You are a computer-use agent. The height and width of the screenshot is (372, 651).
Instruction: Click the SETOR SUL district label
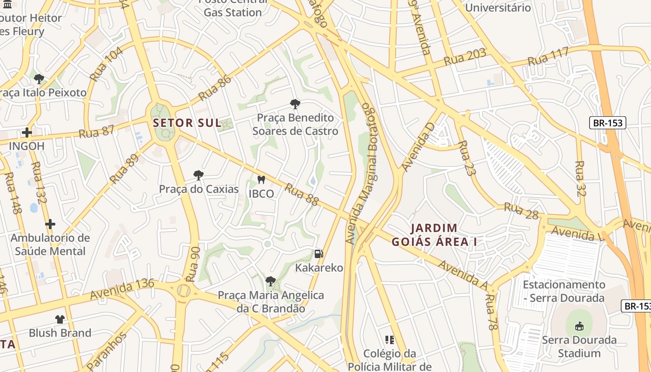187,123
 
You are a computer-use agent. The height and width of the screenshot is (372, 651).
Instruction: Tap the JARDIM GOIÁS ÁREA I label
434,235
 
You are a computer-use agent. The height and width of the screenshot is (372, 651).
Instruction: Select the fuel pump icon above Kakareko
319,253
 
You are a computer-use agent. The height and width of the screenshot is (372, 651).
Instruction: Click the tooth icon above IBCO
261,179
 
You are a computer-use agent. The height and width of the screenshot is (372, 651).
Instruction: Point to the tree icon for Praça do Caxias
199,175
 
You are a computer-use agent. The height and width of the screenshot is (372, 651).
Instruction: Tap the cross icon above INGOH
27,133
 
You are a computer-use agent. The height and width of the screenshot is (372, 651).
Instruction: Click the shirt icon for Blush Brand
60,319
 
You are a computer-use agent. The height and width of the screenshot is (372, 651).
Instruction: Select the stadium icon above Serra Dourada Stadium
579,326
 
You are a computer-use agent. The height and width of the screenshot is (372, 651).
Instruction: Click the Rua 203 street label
465,57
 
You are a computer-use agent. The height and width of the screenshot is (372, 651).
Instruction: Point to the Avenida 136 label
122,289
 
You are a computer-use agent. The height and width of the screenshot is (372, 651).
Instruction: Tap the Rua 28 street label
521,211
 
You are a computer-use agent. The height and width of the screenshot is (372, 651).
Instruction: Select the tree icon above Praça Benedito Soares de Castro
295,104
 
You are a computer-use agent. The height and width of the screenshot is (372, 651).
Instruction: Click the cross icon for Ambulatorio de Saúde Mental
50,224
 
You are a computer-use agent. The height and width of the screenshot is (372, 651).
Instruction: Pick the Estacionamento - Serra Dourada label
564,291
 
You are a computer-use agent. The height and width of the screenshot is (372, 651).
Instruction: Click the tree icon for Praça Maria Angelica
270,281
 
